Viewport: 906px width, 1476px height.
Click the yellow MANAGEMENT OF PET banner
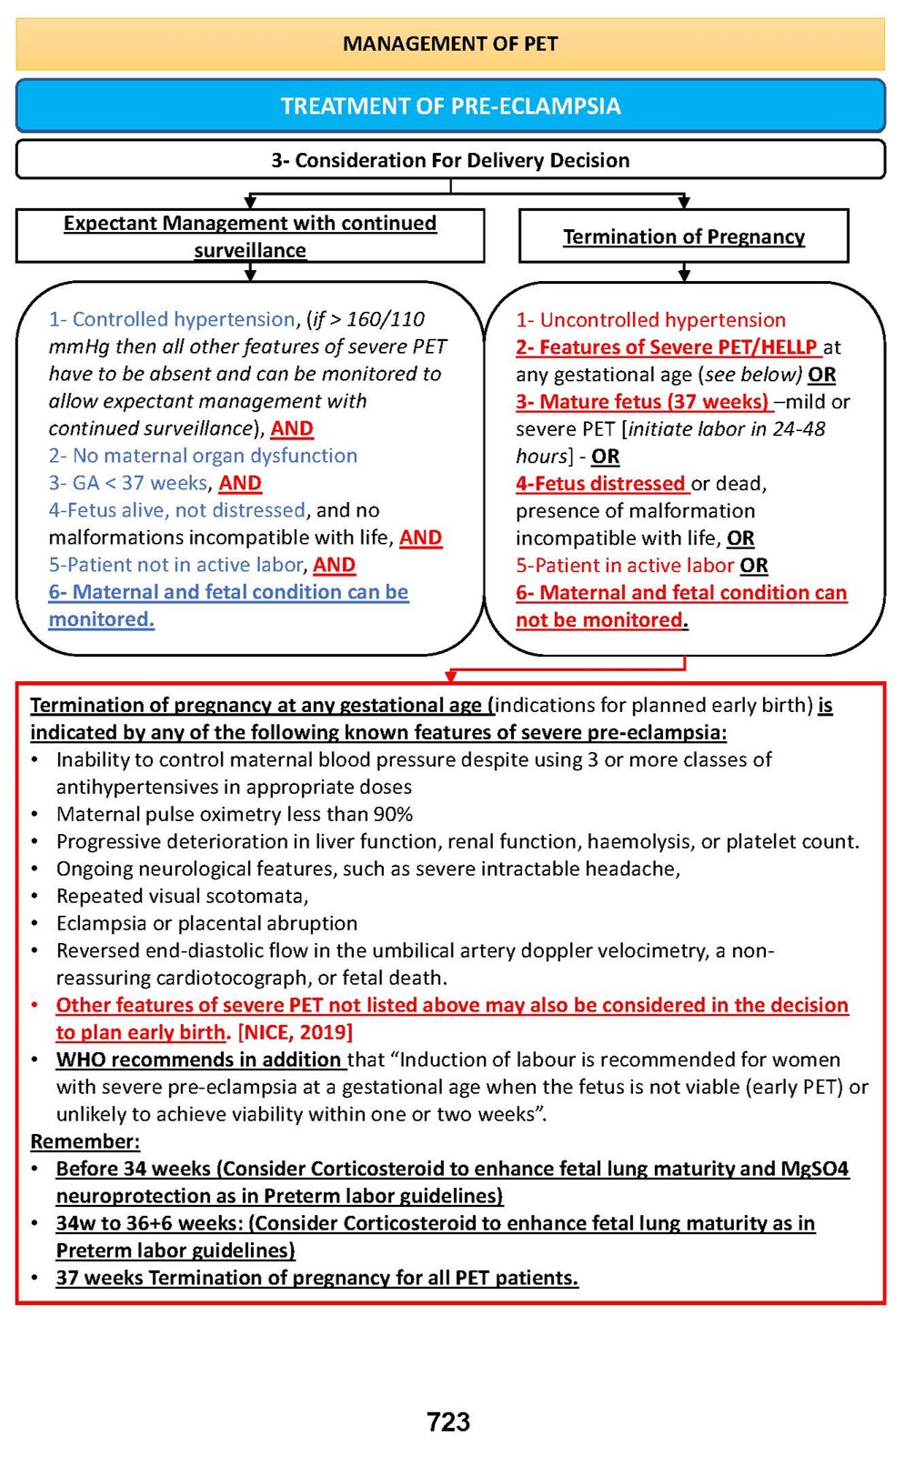pyautogui.click(x=450, y=44)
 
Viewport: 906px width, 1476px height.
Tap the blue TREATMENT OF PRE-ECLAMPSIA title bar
pyautogui.click(x=450, y=106)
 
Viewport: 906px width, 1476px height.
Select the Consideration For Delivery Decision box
pyautogui.click(x=450, y=160)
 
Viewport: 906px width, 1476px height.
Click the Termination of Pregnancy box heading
pyautogui.click(x=683, y=236)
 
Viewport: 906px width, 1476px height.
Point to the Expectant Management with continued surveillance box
pyautogui.click(x=250, y=236)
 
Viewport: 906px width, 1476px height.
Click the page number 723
pyautogui.click(x=448, y=1421)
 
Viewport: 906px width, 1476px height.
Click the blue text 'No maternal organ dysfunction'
pyautogui.click(x=215, y=456)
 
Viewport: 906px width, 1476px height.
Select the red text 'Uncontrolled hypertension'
pyautogui.click(x=662, y=320)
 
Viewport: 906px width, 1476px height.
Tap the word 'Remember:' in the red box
pyautogui.click(x=86, y=1141)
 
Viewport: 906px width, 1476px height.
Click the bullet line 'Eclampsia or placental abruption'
pyautogui.click(x=206, y=923)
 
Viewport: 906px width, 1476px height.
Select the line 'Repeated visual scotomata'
pyautogui.click(x=182, y=896)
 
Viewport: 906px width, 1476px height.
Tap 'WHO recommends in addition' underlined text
pyautogui.click(x=198, y=1059)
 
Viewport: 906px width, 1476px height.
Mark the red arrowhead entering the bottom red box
pyautogui.click(x=450, y=676)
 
